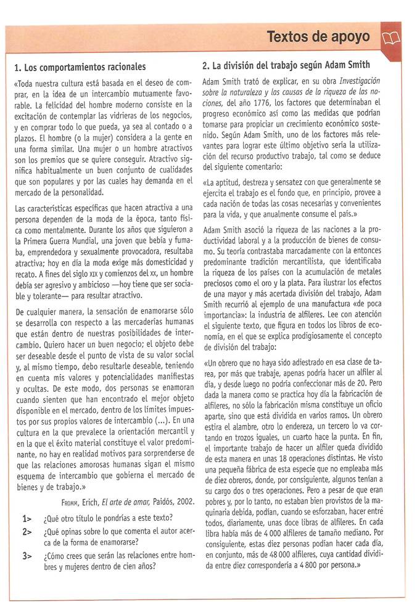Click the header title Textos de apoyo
tap(318, 37)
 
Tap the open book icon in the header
tap(391, 38)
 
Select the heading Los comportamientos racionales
tap(80, 67)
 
